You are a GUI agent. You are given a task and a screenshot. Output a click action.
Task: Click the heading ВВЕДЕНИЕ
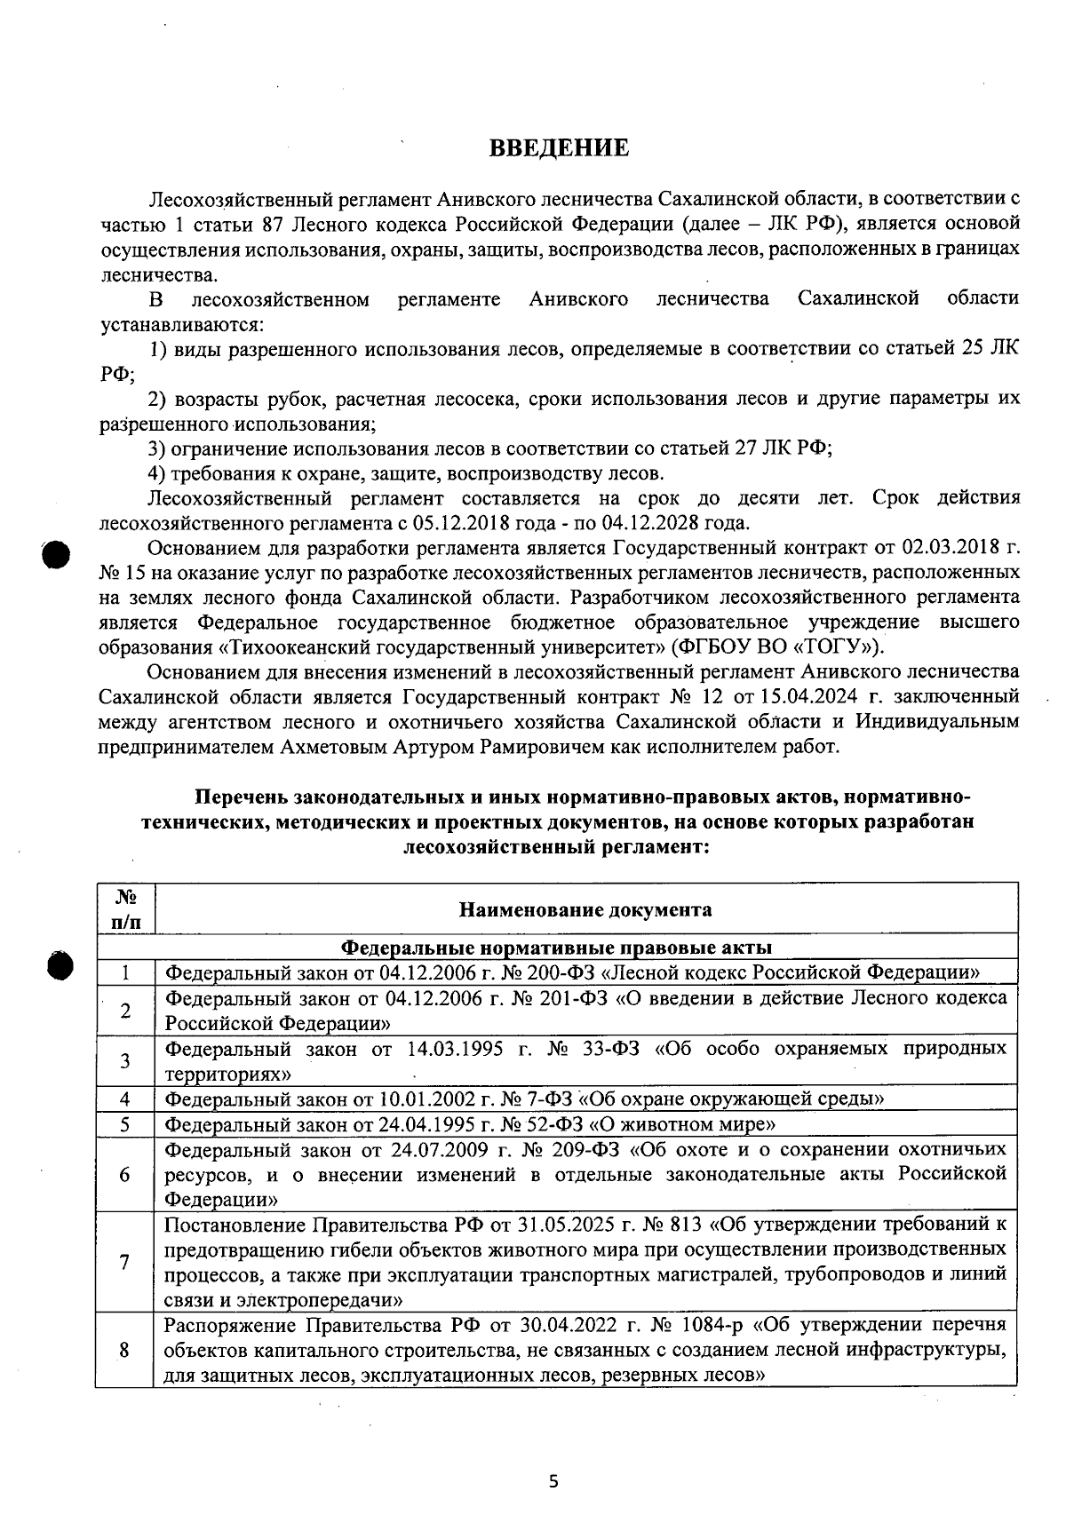click(x=559, y=147)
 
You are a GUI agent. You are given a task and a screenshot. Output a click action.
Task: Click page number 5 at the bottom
click(x=553, y=1481)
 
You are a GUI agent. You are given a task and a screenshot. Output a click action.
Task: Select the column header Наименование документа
click(x=585, y=909)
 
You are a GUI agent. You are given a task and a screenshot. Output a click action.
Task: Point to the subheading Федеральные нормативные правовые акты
click(x=557, y=947)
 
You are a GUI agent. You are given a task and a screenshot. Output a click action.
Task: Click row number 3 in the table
click(x=125, y=1060)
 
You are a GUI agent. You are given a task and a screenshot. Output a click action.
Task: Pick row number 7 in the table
click(x=125, y=1262)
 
